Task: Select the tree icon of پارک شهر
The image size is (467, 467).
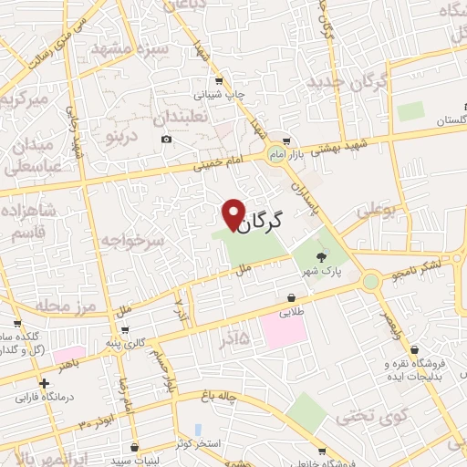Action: tap(321, 258)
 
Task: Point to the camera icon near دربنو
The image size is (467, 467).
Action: tap(165, 139)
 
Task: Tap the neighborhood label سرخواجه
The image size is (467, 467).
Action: tap(133, 242)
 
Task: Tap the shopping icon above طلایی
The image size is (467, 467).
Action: tap(291, 297)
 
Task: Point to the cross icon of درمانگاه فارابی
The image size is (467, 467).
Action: tap(45, 384)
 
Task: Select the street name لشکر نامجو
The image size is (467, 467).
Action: tap(416, 267)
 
